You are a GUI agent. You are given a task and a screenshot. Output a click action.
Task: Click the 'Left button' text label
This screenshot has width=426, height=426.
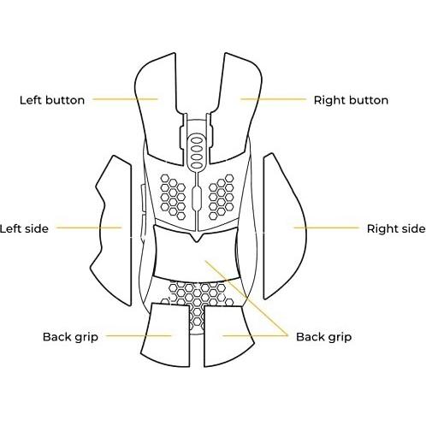[x=52, y=100]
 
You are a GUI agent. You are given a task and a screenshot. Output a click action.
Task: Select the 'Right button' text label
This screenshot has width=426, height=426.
[x=351, y=100]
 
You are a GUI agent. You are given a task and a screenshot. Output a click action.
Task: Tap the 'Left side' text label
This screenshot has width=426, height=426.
[x=24, y=228]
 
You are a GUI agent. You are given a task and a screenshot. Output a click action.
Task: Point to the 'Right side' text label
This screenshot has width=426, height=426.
[x=396, y=228]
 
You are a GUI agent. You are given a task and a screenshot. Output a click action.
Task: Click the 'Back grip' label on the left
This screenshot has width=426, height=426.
[x=70, y=337]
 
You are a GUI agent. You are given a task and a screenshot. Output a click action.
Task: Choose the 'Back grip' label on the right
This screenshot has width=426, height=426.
[x=323, y=337]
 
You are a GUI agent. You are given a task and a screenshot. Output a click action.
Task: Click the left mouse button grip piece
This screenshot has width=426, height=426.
[x=159, y=109]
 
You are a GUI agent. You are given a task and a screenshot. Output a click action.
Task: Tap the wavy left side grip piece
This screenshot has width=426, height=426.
[x=114, y=231]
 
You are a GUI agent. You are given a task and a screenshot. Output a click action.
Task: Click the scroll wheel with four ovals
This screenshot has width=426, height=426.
[x=195, y=153]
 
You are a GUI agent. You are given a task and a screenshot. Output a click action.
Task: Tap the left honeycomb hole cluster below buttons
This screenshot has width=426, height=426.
[x=173, y=198]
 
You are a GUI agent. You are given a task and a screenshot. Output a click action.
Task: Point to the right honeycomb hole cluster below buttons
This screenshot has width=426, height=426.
[x=222, y=198]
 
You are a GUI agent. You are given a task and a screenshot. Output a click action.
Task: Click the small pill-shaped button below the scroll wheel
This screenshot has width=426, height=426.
[x=196, y=198]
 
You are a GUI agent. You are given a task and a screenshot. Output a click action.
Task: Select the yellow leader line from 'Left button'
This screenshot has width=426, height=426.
[x=125, y=99]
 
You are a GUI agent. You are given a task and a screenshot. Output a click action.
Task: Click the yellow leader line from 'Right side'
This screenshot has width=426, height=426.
[x=327, y=228]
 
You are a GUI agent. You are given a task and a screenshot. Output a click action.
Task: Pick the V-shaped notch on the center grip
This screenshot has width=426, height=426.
[x=196, y=237]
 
